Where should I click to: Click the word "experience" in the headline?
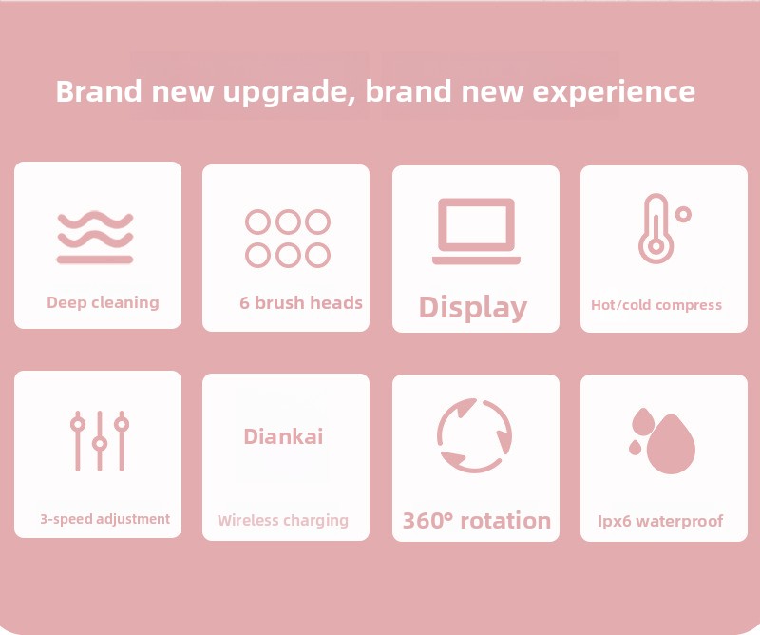tap(614, 91)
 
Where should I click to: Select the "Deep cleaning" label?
tap(103, 302)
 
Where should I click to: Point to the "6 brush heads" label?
tap(301, 302)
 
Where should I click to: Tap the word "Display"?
tap(472, 308)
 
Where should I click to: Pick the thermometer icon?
tap(656, 228)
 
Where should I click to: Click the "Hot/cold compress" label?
tap(656, 305)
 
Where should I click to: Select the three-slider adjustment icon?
tap(100, 441)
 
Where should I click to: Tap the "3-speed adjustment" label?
tap(104, 519)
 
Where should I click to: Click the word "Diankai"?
tap(283, 436)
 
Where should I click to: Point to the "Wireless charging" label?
tap(283, 521)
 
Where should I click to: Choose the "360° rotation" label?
tap(477, 521)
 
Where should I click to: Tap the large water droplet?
tap(671, 445)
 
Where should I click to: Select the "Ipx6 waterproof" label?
tap(660, 521)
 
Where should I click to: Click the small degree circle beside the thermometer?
tap(683, 214)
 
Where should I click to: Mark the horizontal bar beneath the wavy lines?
tap(95, 260)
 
